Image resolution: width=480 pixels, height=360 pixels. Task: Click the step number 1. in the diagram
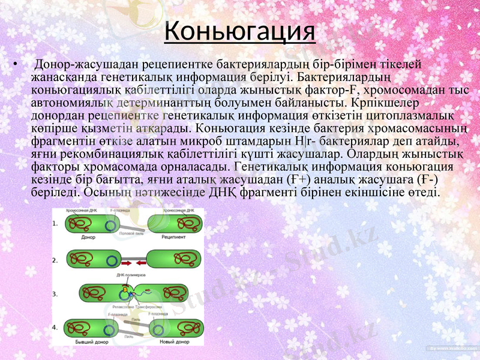coord(55,223)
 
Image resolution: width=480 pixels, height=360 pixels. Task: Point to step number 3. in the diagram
coord(55,294)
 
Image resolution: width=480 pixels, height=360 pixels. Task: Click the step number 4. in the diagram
coord(55,328)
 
